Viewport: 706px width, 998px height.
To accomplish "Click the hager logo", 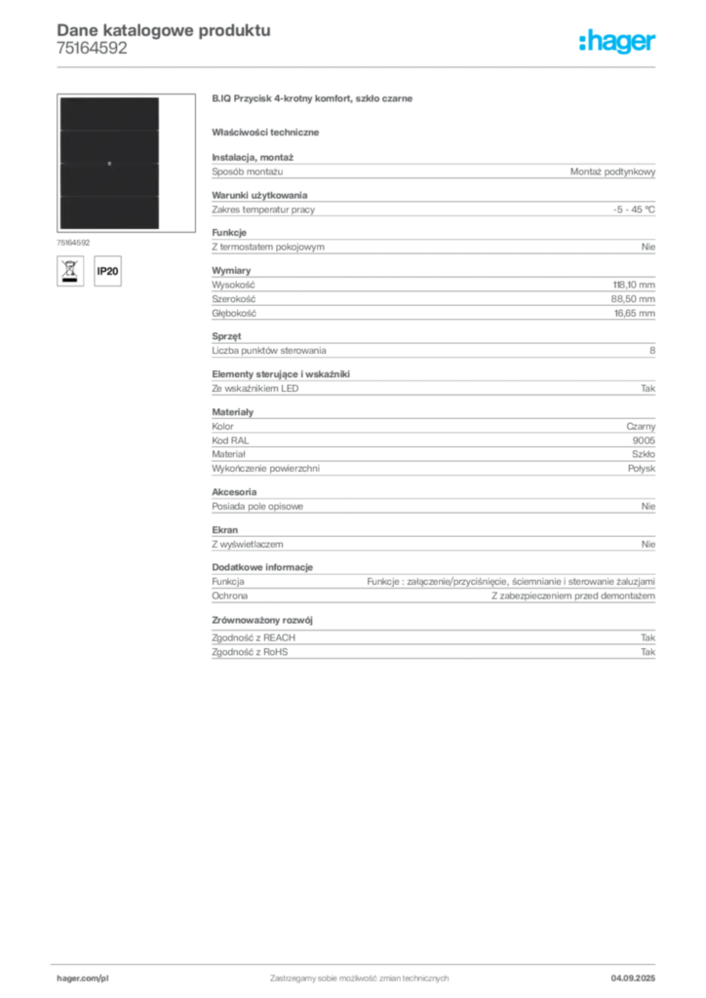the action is (617, 42).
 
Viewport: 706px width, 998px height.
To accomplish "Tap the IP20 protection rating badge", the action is (107, 271).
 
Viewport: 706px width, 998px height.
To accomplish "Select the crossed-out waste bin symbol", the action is (70, 271).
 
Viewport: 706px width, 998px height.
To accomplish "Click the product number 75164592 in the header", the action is (92, 49).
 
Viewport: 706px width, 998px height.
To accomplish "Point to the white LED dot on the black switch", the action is (109, 164).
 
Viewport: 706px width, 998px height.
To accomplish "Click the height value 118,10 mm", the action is (634, 286).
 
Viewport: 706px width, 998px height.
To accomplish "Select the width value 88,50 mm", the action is (633, 299).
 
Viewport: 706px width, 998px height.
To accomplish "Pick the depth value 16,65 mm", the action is (635, 313).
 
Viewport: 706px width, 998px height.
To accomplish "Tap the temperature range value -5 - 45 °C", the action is (634, 210).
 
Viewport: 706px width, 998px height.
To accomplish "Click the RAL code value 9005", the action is (644, 441).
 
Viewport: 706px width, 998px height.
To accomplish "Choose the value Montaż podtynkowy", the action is (612, 172).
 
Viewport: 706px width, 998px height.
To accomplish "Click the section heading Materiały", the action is (232, 412).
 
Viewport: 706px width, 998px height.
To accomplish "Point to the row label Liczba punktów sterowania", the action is (268, 351).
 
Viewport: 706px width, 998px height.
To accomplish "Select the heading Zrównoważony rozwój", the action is (262, 621).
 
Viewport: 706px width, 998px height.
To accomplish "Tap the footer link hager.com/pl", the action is (83, 979).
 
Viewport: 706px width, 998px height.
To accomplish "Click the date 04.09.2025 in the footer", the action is (633, 979).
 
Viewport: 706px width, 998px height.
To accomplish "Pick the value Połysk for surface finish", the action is (642, 469).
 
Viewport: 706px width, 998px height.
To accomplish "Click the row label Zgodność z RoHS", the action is (250, 652).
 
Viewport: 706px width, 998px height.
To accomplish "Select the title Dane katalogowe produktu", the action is (164, 30).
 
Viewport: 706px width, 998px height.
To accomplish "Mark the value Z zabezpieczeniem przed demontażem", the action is (573, 596).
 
